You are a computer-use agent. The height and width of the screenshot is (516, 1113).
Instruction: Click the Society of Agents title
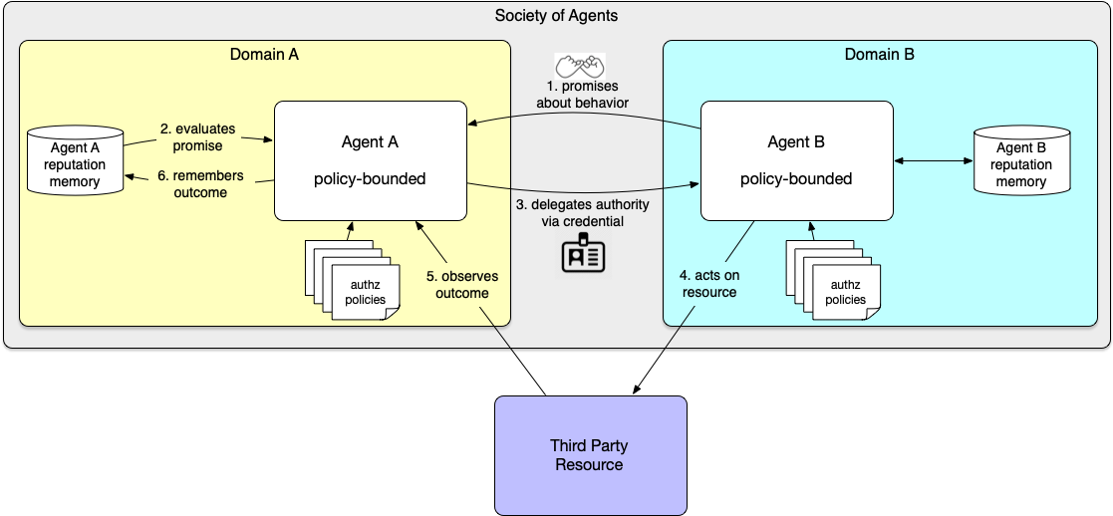(556, 15)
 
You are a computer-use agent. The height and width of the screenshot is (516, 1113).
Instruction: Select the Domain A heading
(264, 54)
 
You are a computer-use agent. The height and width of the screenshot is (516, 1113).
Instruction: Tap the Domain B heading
(879, 54)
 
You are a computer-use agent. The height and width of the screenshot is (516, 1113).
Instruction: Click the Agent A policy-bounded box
(371, 160)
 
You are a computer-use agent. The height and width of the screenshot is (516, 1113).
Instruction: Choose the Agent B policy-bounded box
(796, 160)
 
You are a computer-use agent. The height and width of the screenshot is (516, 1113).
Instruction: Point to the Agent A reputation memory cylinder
(75, 158)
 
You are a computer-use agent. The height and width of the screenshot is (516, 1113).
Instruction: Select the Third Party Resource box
(590, 455)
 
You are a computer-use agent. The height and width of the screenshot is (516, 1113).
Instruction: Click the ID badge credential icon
(582, 255)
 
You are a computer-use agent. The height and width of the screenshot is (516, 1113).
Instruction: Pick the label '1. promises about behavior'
(582, 95)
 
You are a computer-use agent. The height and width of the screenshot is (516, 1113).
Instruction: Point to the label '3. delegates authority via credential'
(582, 213)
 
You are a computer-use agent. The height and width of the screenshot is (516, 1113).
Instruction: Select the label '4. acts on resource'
(709, 284)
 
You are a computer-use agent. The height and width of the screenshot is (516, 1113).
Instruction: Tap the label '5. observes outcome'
(462, 284)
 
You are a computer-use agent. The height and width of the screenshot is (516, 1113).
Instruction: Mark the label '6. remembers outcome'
(199, 184)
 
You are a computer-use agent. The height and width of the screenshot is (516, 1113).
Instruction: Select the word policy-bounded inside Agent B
(796, 179)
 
